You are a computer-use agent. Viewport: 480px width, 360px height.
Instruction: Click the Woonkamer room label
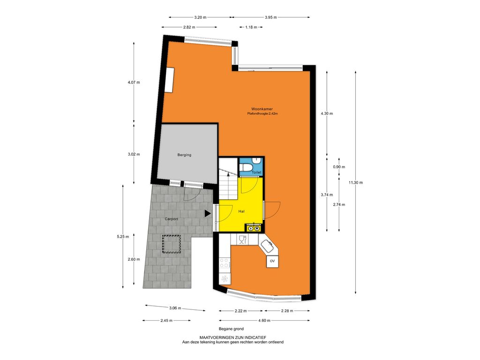(x=262, y=109)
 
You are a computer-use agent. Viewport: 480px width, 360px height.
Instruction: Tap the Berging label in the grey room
(x=184, y=155)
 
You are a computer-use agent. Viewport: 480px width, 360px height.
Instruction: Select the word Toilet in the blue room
(x=256, y=172)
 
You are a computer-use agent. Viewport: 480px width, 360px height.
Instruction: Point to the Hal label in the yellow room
(x=241, y=211)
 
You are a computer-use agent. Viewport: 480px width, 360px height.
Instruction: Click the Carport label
(x=172, y=219)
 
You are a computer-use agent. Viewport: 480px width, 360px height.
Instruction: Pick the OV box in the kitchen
(x=272, y=262)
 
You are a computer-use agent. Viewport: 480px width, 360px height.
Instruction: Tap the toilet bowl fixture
(x=246, y=167)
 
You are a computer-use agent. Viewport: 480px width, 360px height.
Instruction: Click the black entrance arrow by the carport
(x=208, y=214)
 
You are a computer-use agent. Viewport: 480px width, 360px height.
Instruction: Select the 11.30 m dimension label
(x=355, y=183)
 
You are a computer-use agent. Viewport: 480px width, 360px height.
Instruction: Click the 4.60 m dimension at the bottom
(x=264, y=321)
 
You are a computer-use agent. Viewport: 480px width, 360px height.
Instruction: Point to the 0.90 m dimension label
(x=339, y=167)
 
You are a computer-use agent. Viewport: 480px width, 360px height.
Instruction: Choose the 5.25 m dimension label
(x=123, y=237)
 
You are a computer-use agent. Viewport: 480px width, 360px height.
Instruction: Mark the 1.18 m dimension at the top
(x=251, y=27)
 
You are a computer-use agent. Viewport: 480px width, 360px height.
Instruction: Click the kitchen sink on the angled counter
(x=266, y=246)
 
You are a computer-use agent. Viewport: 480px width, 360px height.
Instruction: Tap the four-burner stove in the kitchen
(x=225, y=262)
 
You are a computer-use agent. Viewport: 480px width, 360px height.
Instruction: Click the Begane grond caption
(x=231, y=329)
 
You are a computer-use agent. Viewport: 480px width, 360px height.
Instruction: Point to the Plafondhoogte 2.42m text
(x=262, y=114)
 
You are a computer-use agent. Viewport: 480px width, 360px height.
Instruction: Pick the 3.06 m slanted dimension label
(x=175, y=308)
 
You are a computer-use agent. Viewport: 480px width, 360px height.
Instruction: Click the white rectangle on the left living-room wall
(x=169, y=80)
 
